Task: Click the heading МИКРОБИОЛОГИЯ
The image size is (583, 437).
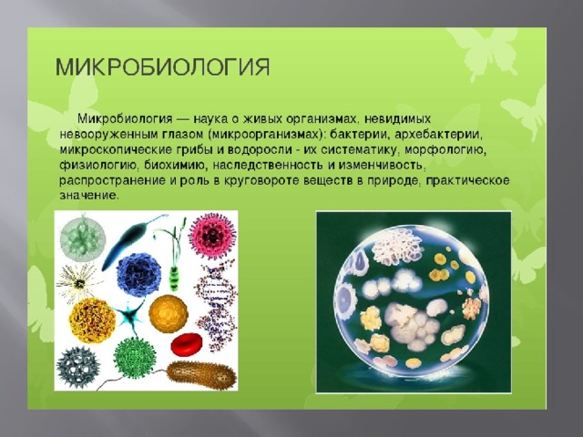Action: tap(162, 67)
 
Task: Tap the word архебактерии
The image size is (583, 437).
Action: tap(438, 134)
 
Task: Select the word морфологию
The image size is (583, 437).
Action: tap(445, 149)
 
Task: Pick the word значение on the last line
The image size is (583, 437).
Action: tap(89, 196)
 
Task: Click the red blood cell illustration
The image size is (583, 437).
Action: tap(186, 344)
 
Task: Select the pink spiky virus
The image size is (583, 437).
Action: tap(212, 235)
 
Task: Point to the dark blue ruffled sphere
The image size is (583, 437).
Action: tap(138, 275)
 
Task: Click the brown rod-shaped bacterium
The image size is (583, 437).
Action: tap(201, 375)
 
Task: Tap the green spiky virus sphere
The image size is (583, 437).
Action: tap(134, 358)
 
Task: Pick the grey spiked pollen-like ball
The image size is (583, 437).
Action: tap(78, 367)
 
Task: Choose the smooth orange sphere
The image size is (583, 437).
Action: tap(169, 314)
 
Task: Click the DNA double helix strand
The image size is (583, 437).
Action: tap(216, 306)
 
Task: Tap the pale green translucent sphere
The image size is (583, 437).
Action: tap(83, 239)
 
